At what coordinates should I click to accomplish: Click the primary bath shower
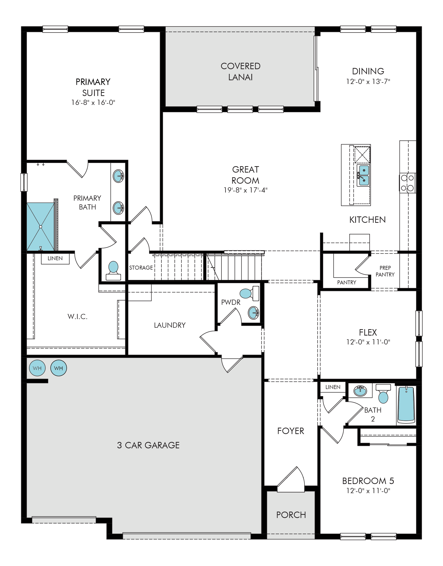coord(41,226)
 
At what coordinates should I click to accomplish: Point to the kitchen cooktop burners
coord(407,183)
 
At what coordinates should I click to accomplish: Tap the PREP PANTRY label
coord(385,271)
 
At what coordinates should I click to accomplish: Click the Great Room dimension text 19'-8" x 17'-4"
coord(245,190)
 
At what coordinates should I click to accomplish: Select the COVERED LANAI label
coord(240,72)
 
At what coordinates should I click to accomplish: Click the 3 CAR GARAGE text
coord(148,445)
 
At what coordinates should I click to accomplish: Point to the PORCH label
coord(291,515)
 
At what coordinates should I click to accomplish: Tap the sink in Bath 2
coord(360,391)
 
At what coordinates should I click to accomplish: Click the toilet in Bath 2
coord(383,394)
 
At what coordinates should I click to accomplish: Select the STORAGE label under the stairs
coord(141,268)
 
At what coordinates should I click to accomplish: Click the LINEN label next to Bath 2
coord(333,387)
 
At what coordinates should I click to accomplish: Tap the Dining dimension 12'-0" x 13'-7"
coord(368,81)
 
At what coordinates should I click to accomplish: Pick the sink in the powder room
coord(254,313)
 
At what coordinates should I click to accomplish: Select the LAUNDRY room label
coord(170,325)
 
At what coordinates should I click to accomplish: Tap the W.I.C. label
coord(78,316)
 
